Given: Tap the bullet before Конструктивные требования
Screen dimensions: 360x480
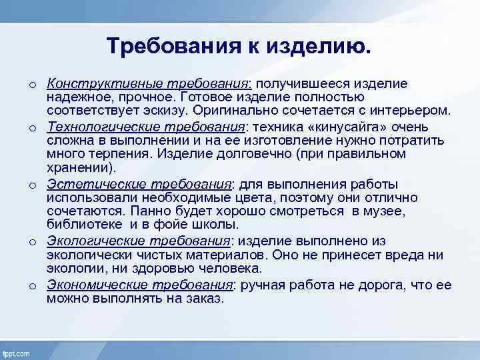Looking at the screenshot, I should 31,85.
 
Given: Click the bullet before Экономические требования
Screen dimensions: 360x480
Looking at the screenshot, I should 31,286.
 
